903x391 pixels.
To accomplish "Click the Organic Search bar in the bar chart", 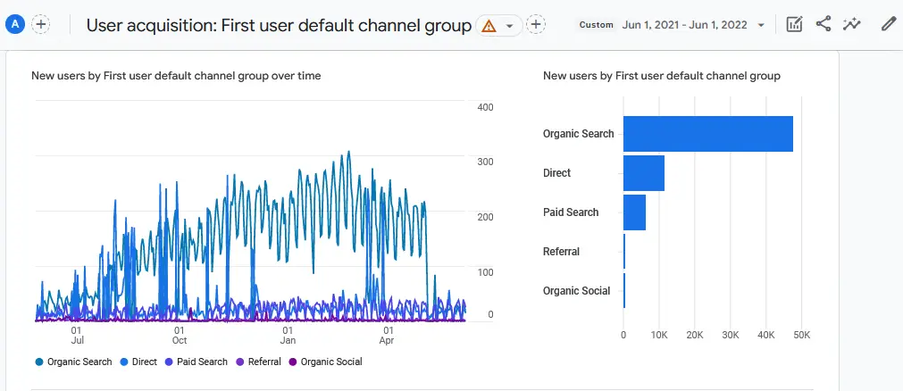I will tap(707, 134).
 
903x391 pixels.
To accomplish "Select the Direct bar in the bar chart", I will tap(643, 173).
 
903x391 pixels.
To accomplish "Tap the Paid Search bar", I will tap(634, 212).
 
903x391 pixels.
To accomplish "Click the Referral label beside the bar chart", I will tap(561, 252).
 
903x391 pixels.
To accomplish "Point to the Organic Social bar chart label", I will tap(576, 291).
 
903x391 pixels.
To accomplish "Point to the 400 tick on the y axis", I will tap(485, 107).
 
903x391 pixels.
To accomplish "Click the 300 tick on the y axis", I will tap(485, 162).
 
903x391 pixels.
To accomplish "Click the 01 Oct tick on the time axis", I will tap(179, 335).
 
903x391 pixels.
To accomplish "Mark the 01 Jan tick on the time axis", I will tap(288, 335).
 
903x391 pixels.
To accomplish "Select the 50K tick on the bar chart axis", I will tap(801, 335).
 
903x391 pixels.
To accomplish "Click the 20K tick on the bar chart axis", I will tap(694, 335).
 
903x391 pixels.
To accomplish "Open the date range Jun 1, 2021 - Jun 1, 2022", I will tap(686, 25).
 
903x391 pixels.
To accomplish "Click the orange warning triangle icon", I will tap(489, 26).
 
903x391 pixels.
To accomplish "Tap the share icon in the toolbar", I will tap(824, 25).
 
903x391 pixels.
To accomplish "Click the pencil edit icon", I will tap(888, 25).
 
